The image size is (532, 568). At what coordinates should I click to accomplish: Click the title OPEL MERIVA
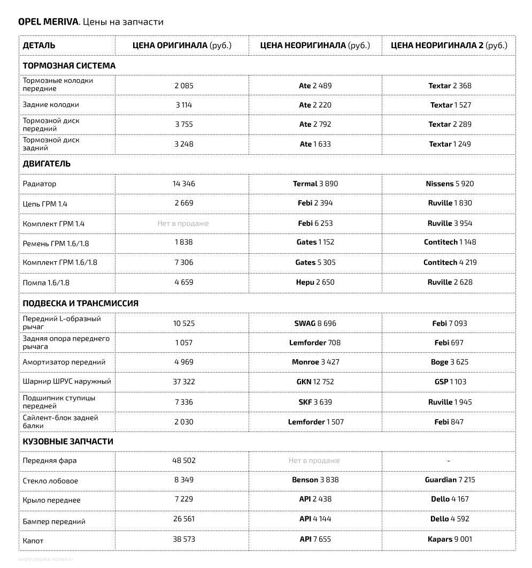48,22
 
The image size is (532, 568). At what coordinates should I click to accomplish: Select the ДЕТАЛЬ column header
38,46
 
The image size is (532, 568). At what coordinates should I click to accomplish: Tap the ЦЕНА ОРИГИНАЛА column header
182,46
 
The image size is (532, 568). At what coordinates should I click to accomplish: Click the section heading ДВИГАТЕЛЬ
47,164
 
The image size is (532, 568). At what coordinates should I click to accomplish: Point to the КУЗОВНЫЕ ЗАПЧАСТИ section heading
68,442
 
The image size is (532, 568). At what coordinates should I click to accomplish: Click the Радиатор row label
39,184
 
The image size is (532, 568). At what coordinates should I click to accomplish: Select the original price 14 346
183,184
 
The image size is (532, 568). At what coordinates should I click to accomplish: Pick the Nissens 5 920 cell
449,184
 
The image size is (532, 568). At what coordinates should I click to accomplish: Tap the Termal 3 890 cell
315,184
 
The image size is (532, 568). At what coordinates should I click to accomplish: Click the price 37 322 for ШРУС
183,382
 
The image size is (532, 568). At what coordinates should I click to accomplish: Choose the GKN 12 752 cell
315,382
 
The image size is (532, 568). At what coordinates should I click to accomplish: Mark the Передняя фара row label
50,460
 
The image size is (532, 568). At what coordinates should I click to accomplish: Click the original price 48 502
183,460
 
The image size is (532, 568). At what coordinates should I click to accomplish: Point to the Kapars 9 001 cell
449,539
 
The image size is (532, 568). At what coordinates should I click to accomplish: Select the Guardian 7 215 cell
449,480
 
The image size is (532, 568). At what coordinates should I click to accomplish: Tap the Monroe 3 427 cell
315,362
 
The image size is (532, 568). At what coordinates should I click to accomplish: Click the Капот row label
33,541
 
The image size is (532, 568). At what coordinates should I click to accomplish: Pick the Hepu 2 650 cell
315,282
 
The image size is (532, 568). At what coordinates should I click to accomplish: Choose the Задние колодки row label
51,105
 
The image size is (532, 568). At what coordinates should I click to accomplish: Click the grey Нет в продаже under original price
183,223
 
